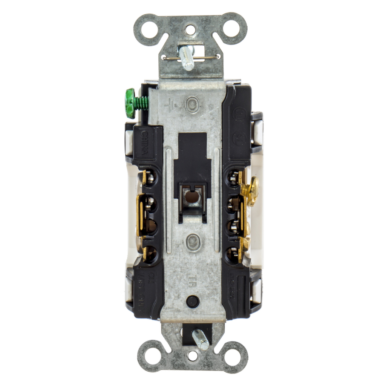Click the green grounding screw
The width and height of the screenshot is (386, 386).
[x=131, y=103]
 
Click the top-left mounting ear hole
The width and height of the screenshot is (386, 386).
[x=150, y=29]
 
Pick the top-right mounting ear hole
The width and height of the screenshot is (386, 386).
[x=231, y=29]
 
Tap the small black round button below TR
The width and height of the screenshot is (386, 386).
[x=193, y=301]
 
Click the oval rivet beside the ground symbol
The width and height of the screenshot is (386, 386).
[x=192, y=104]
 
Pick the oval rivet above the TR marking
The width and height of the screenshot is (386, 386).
[x=193, y=242]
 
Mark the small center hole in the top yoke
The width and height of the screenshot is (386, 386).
[x=190, y=30]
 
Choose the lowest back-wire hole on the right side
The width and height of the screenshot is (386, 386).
[x=232, y=255]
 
